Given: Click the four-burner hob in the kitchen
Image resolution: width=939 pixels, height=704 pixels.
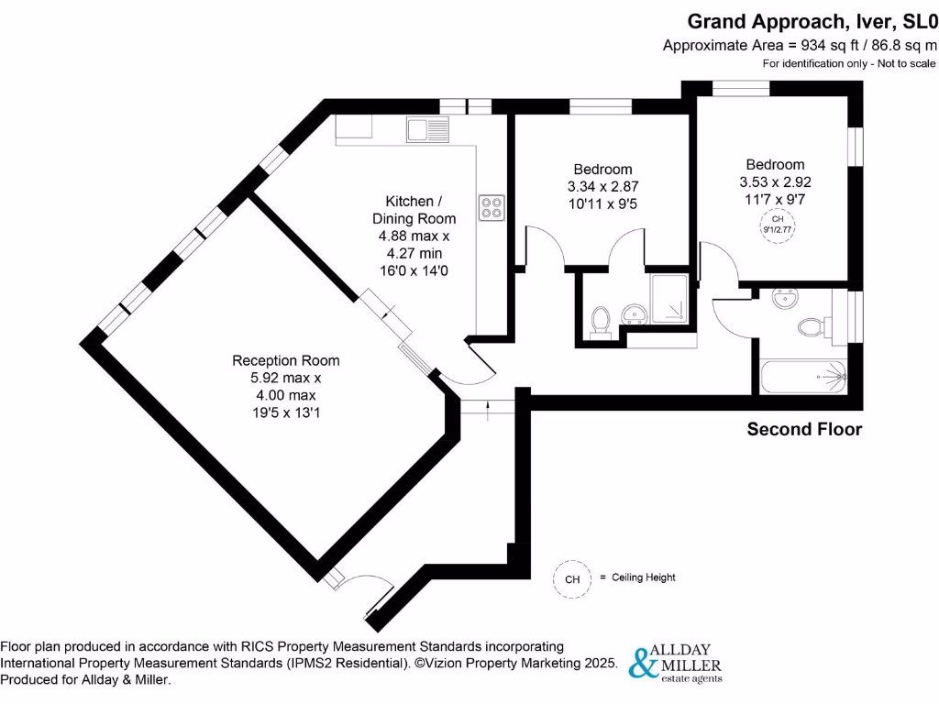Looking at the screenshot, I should (x=492, y=207).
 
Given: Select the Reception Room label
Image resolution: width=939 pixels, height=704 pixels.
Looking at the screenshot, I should (x=285, y=360).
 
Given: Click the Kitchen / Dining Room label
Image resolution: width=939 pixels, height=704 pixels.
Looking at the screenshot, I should (x=414, y=209).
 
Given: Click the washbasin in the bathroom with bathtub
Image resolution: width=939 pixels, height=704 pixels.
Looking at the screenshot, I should (x=784, y=299).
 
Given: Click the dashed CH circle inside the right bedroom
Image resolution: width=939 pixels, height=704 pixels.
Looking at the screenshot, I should (x=777, y=225).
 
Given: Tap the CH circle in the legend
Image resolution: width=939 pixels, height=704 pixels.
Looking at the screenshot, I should (x=572, y=578).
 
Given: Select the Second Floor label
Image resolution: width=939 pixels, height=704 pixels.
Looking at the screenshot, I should (x=804, y=429).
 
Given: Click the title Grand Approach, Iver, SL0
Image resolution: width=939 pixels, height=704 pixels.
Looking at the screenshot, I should (x=812, y=20).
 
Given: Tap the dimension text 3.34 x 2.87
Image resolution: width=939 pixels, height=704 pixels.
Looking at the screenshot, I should (x=602, y=187).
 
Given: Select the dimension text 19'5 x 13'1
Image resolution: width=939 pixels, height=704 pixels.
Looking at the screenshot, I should (x=285, y=412).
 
